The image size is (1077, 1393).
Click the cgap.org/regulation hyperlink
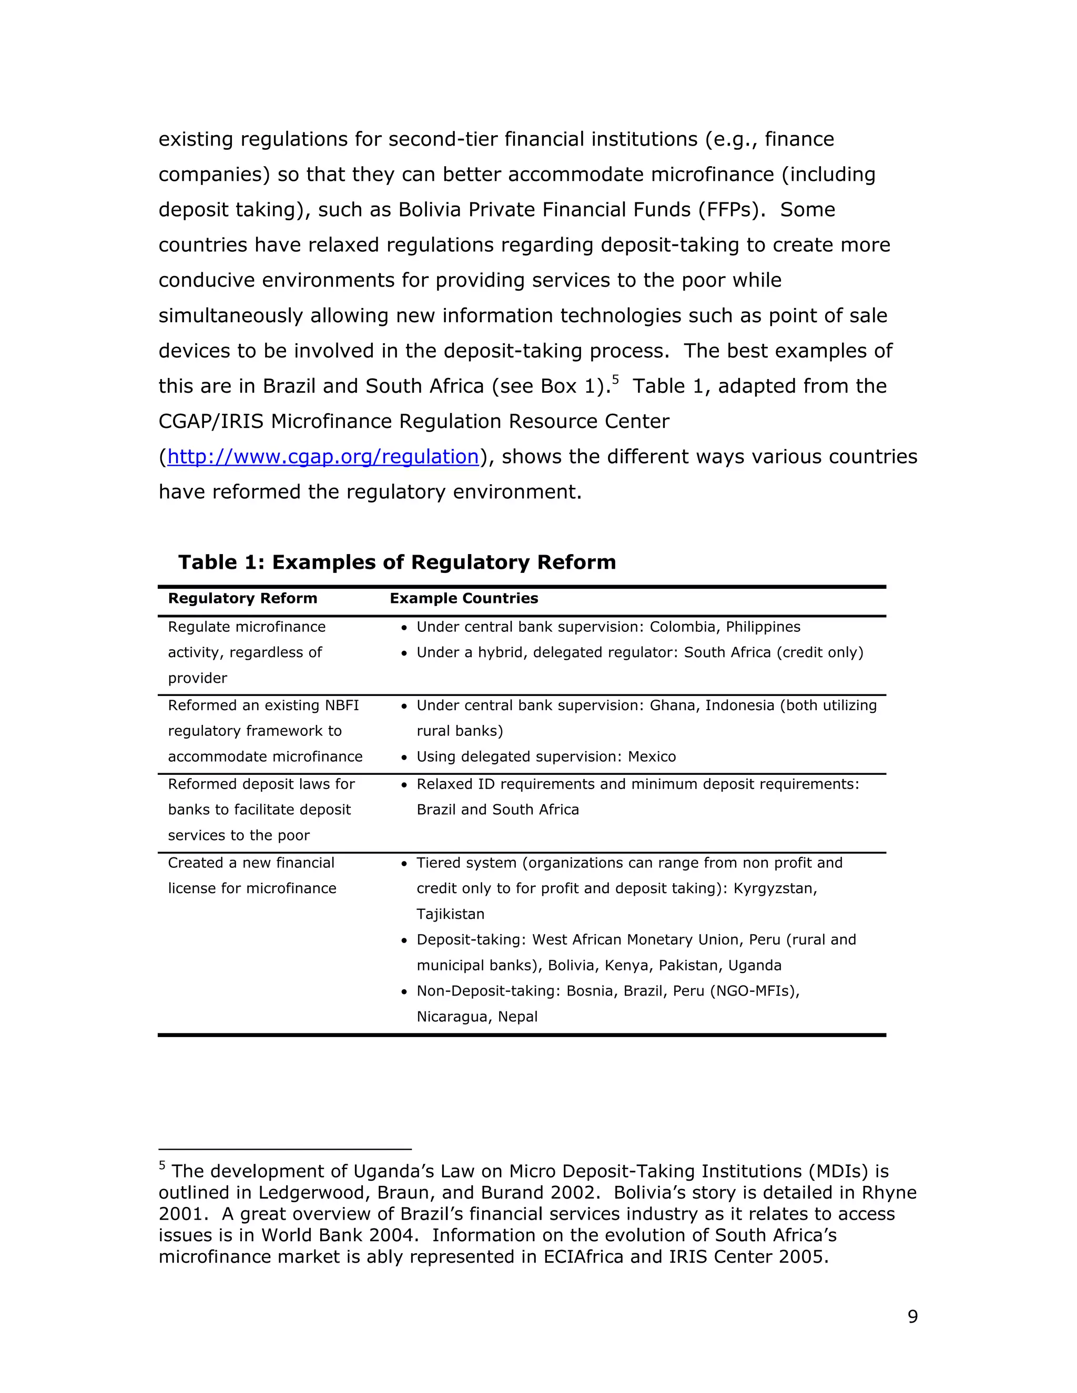coord(323,457)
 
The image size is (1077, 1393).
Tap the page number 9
coord(912,1316)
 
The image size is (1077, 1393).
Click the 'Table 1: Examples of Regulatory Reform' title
coord(397,562)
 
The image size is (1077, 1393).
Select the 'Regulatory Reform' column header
coord(242,598)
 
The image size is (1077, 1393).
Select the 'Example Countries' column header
coord(464,598)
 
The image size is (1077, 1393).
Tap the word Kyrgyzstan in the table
coord(775,888)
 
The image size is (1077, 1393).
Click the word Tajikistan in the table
coord(451,914)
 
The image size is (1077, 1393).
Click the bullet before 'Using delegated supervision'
coord(404,757)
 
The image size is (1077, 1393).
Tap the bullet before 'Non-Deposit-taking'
coord(404,992)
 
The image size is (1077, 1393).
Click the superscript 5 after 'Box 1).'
coord(615,380)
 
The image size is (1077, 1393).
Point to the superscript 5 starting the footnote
coord(162,1165)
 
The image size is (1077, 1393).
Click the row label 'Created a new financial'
coord(251,863)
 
